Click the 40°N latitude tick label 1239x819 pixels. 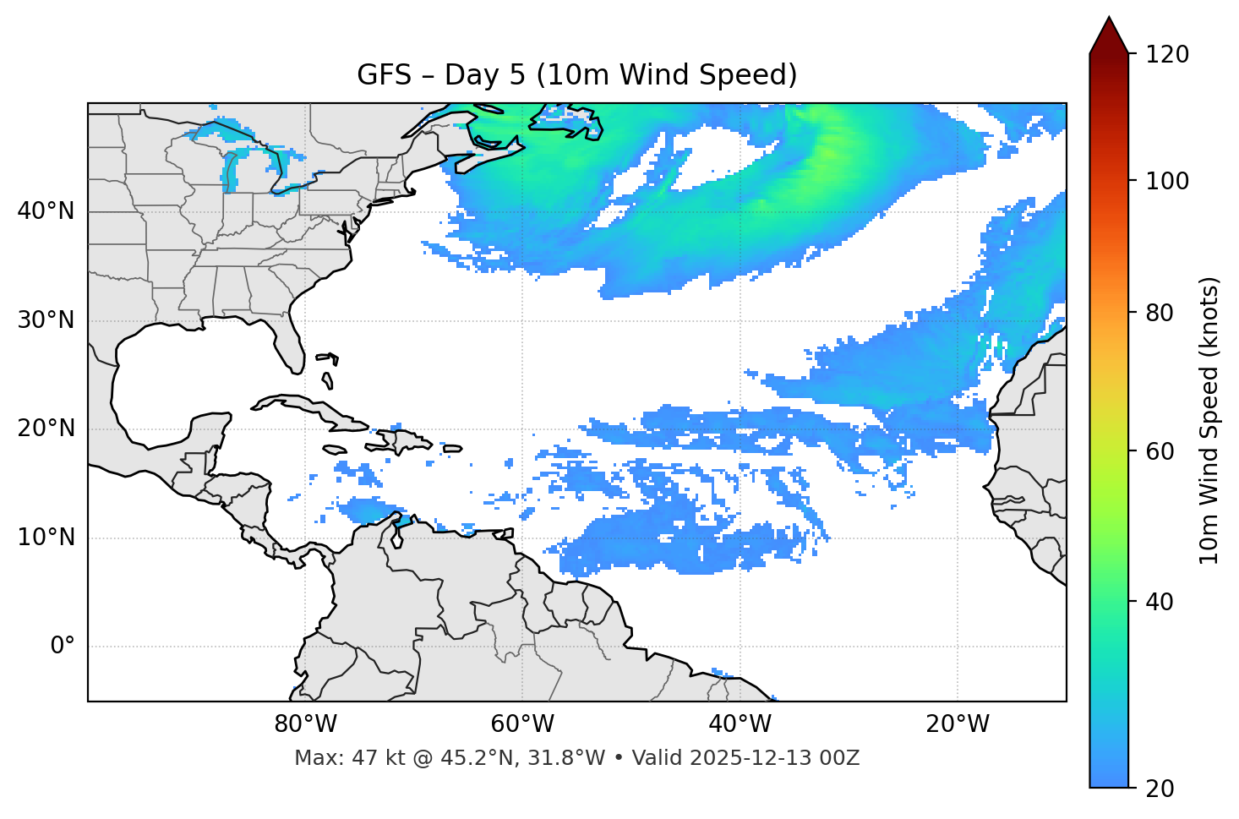(46, 211)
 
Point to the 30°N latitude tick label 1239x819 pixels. (46, 320)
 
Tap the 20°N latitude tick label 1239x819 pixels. (46, 429)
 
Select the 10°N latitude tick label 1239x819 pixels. (46, 538)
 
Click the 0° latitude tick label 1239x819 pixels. (63, 647)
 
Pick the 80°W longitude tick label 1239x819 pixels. (305, 724)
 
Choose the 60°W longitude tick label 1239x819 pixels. (522, 724)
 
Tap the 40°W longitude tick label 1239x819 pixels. (740, 724)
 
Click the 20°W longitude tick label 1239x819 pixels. (958, 724)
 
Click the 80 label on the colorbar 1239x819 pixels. (1160, 313)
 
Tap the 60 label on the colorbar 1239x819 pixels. (1160, 451)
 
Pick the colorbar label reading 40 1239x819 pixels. (1160, 602)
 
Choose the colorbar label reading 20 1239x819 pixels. (1160, 789)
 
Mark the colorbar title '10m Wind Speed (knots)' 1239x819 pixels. (1209, 421)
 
